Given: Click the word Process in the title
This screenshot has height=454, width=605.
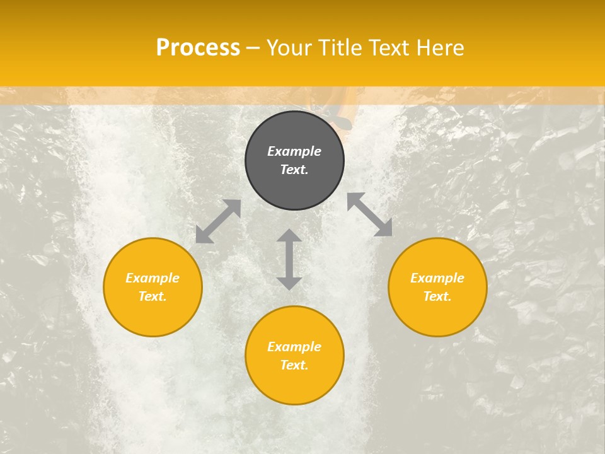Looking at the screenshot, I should [198, 48].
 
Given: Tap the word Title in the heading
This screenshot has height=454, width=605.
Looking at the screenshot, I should [341, 48].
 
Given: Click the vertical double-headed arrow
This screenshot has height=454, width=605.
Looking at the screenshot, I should [289, 259].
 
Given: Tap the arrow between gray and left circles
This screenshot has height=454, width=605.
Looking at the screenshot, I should [218, 221].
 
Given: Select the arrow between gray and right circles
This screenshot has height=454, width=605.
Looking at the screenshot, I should [370, 214].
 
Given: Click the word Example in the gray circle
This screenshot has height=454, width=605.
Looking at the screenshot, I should [294, 151].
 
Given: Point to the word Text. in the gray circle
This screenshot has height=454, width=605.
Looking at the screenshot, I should [294, 170].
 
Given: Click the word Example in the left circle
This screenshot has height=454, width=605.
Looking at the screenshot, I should [153, 278].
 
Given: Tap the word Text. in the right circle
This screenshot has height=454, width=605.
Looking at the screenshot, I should [437, 296].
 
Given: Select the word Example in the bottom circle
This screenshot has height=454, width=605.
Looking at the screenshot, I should [294, 347].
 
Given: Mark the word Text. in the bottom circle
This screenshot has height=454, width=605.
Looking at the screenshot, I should [294, 365].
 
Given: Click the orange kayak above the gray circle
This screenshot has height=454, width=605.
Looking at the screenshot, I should [341, 117].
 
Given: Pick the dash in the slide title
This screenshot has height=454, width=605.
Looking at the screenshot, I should [253, 48].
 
